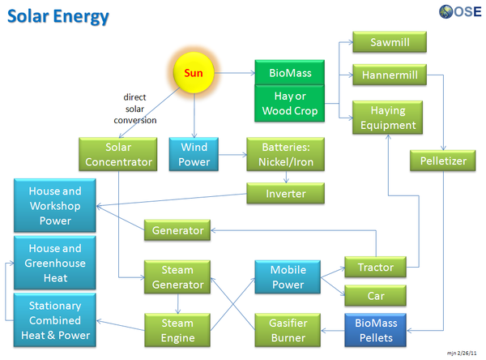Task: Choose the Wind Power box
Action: coord(194,154)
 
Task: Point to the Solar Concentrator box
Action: coord(118,154)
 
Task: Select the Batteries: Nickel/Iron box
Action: coord(286,154)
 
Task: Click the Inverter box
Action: coord(286,194)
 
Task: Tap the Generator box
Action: coord(178,230)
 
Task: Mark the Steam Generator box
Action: coord(178,277)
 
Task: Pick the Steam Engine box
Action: coord(178,330)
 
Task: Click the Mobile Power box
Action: coord(288,277)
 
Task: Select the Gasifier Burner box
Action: coord(288,330)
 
